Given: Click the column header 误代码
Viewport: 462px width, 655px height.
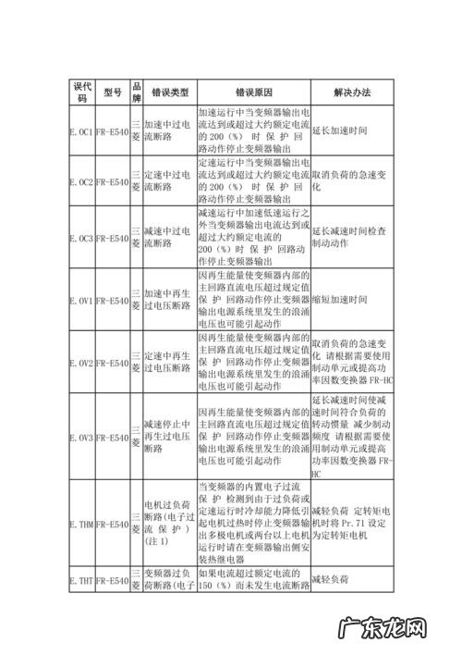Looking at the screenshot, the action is tap(81, 92).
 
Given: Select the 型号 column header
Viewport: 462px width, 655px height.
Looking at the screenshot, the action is tap(113, 92).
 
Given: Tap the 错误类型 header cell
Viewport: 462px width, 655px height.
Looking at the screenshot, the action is tap(169, 92).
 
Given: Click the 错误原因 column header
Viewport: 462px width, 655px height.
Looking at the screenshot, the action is tap(253, 92).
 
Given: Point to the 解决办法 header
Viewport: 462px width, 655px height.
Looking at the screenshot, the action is tap(352, 92).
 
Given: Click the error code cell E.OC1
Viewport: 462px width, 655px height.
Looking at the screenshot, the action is tap(81, 131).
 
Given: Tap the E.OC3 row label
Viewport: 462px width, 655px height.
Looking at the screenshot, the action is tap(81, 238).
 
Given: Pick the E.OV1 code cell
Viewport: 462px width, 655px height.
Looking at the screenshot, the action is tap(81, 301).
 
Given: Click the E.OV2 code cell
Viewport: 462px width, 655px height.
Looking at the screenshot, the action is tap(81, 363).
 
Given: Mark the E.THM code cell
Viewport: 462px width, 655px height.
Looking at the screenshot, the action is tap(81, 525).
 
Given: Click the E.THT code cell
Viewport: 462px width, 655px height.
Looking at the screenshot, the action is tap(81, 581).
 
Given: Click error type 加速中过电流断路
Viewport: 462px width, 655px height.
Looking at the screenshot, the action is tap(169, 131).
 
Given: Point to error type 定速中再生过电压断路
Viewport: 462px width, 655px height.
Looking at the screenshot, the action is tap(169, 363).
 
